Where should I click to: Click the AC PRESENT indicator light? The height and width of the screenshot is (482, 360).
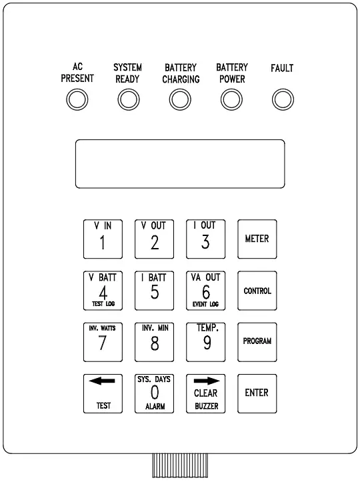pos(77,100)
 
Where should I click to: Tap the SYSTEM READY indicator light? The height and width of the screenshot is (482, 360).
pos(127,100)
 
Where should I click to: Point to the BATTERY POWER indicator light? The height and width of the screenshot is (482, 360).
pos(231,100)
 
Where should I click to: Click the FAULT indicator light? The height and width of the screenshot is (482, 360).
pos(282,100)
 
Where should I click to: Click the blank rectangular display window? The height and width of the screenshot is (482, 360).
pos(180,163)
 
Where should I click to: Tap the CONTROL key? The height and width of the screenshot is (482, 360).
pos(257,291)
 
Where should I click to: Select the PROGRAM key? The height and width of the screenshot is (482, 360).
pos(257,341)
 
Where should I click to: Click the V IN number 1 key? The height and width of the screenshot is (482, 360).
pos(103,239)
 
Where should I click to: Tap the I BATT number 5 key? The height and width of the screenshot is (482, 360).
pos(155,291)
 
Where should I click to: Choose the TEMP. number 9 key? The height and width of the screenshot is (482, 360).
pos(206,341)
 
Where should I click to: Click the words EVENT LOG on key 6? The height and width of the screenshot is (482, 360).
pos(206,304)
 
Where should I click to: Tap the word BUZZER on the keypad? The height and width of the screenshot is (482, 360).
pos(206,405)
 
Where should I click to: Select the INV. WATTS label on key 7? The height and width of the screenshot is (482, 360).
pos(103,329)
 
